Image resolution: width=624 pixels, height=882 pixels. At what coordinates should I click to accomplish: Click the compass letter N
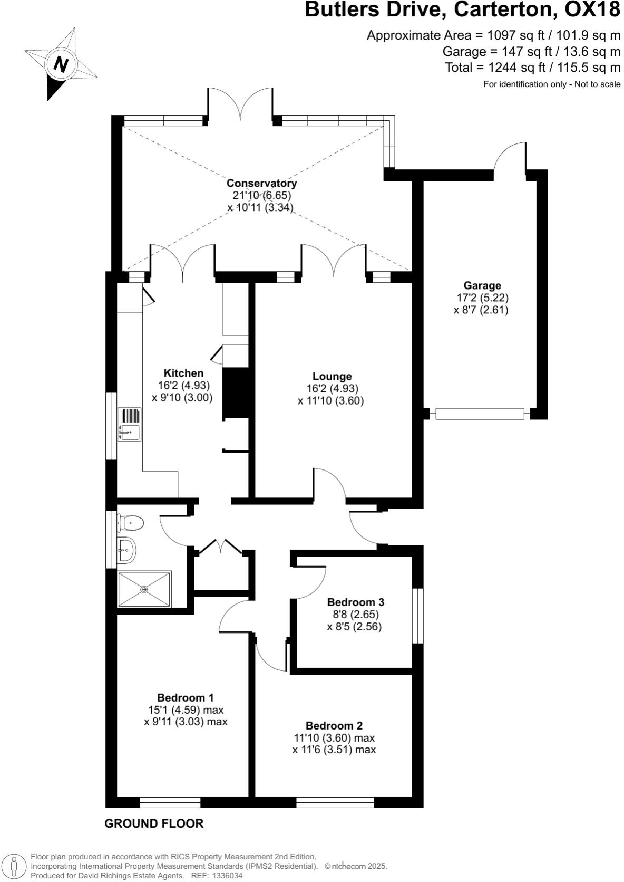click(x=61, y=64)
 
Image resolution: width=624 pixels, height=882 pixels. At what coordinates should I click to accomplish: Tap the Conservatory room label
click(x=261, y=183)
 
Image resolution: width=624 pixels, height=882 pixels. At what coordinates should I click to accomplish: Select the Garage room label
click(x=482, y=286)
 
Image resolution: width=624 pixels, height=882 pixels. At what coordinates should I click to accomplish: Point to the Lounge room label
click(x=331, y=376)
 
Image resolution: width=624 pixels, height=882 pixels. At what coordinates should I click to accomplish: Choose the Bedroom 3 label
click(x=355, y=602)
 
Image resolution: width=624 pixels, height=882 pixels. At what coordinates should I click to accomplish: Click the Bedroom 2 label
click(x=334, y=725)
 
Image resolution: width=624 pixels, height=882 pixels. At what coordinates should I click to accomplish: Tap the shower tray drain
click(x=144, y=589)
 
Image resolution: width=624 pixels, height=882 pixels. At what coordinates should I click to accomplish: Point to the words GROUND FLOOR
click(x=154, y=823)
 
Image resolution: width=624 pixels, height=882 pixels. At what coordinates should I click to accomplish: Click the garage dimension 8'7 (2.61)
click(x=481, y=310)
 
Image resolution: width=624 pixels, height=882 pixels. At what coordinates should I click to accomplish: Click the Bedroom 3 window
click(x=417, y=616)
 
